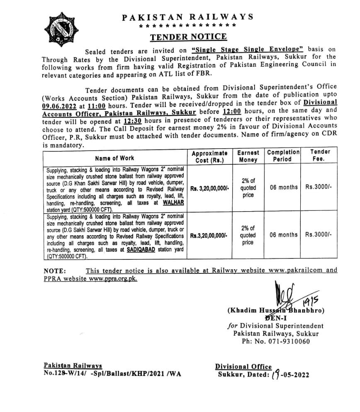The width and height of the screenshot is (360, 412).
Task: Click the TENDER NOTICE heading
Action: [188, 37]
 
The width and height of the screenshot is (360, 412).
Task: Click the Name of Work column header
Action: [114, 158]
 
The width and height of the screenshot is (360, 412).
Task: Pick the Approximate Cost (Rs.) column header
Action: [209, 157]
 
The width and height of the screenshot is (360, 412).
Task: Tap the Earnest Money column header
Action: [248, 156]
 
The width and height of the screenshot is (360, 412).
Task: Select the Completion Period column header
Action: [283, 156]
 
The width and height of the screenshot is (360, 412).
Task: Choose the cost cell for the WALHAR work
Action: [209, 188]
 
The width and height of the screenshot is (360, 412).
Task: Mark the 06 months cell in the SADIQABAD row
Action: [283, 235]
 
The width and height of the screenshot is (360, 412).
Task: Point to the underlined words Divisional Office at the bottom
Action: [243, 366]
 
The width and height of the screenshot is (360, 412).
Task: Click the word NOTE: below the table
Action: [54, 271]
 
